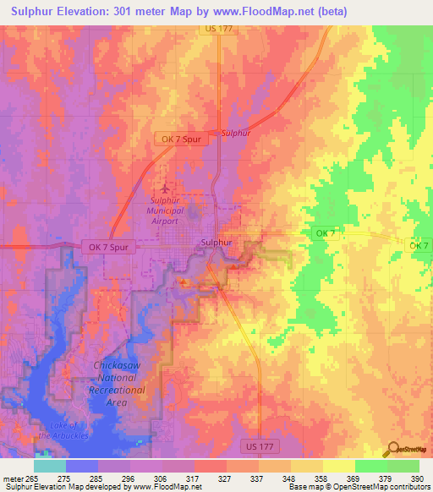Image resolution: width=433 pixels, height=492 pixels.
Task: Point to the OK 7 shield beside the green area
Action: [326, 232]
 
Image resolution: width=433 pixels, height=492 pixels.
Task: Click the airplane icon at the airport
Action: [164, 186]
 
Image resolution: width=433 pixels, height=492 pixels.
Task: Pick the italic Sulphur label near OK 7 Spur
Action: [236, 133]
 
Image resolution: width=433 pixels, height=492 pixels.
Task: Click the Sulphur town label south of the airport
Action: [217, 243]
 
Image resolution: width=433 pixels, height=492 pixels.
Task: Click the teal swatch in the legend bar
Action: [49, 465]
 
